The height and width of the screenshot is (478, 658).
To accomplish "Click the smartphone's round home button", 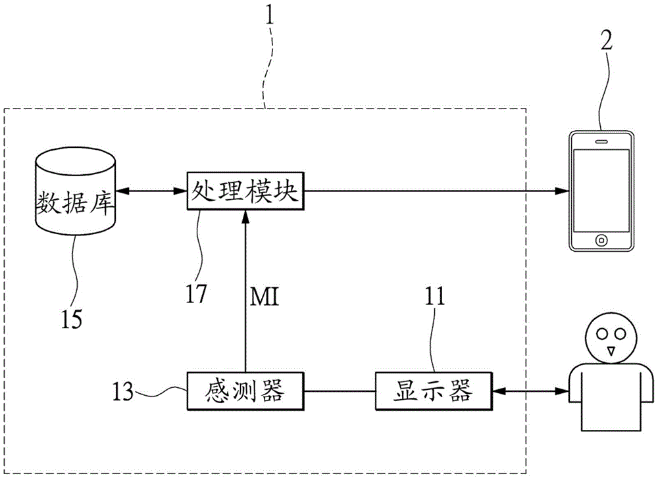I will click(601, 239).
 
